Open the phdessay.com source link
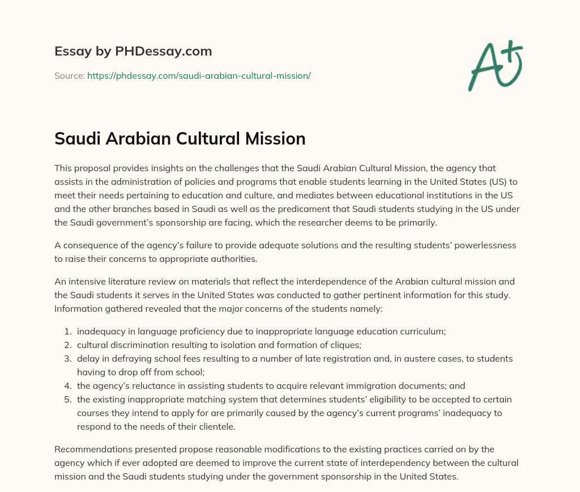point(199,75)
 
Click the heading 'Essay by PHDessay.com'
point(133,51)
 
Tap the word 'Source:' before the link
point(69,75)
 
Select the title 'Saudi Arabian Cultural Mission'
point(180,139)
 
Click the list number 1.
point(67,332)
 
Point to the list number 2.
point(67,345)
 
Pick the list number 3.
point(67,359)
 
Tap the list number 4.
point(67,386)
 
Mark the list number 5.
point(67,400)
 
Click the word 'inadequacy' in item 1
point(100,332)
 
